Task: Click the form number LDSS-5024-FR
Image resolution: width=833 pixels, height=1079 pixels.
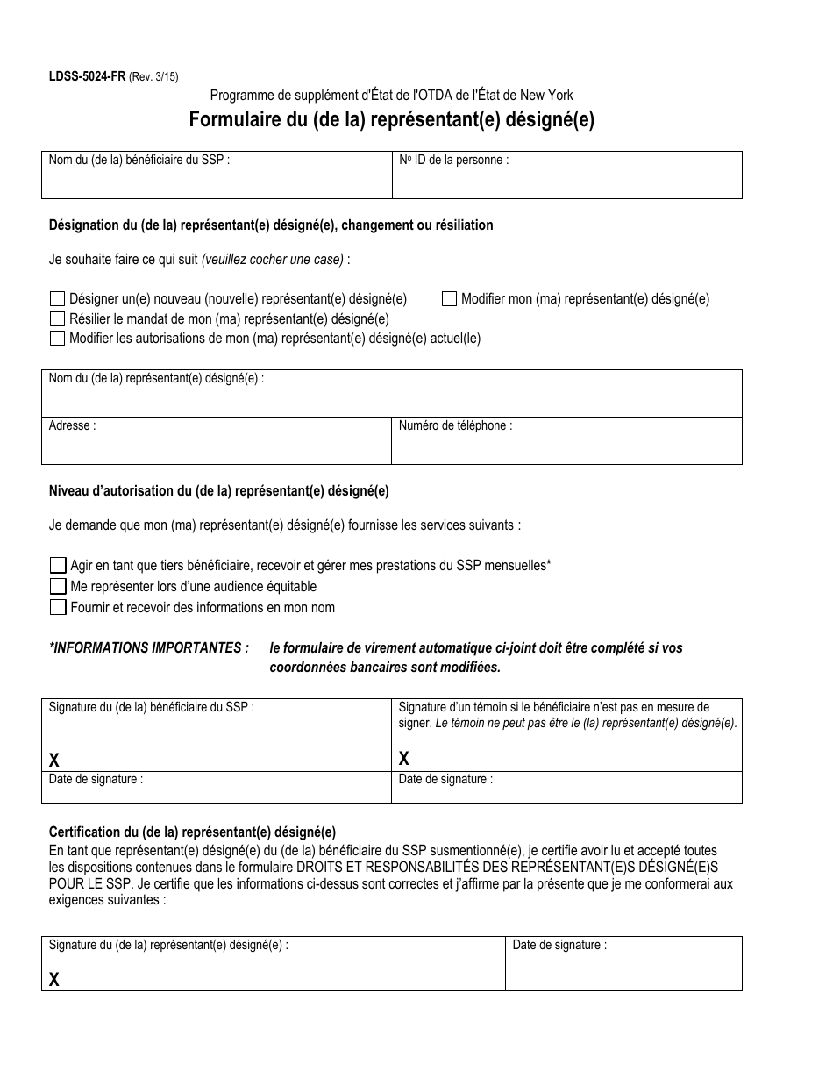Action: [x=87, y=76]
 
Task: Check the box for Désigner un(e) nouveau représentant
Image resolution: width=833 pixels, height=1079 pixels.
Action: [x=58, y=299]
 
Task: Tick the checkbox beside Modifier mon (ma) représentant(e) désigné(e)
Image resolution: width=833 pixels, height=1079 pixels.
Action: [x=449, y=299]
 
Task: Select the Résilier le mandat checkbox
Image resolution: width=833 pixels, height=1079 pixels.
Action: [x=58, y=319]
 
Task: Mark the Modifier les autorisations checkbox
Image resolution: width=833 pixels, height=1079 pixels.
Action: [x=58, y=339]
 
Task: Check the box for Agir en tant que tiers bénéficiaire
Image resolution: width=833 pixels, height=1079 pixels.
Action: [x=58, y=565]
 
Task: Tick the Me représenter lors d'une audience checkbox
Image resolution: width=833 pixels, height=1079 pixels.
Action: [x=58, y=586]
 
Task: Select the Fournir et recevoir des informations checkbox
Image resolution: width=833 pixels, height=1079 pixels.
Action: [x=58, y=607]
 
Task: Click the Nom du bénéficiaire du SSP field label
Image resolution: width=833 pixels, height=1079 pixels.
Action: [x=139, y=161]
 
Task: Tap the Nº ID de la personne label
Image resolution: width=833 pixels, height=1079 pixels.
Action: [x=453, y=161]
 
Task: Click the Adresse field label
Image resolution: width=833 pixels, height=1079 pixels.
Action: [x=72, y=425]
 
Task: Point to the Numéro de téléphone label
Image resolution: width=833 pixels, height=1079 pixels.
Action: [x=455, y=425]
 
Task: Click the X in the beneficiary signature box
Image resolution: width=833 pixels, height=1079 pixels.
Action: [x=54, y=759]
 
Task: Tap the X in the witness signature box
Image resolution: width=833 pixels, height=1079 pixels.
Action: [x=404, y=759]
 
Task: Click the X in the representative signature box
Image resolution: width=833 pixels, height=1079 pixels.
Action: [x=54, y=980]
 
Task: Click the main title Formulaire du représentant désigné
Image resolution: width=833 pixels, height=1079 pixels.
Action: [x=391, y=120]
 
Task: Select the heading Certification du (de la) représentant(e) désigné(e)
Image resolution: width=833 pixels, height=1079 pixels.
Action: [x=192, y=832]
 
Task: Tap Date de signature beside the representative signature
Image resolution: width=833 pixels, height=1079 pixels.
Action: [x=559, y=946]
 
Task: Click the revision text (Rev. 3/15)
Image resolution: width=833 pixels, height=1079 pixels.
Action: [x=153, y=76]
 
